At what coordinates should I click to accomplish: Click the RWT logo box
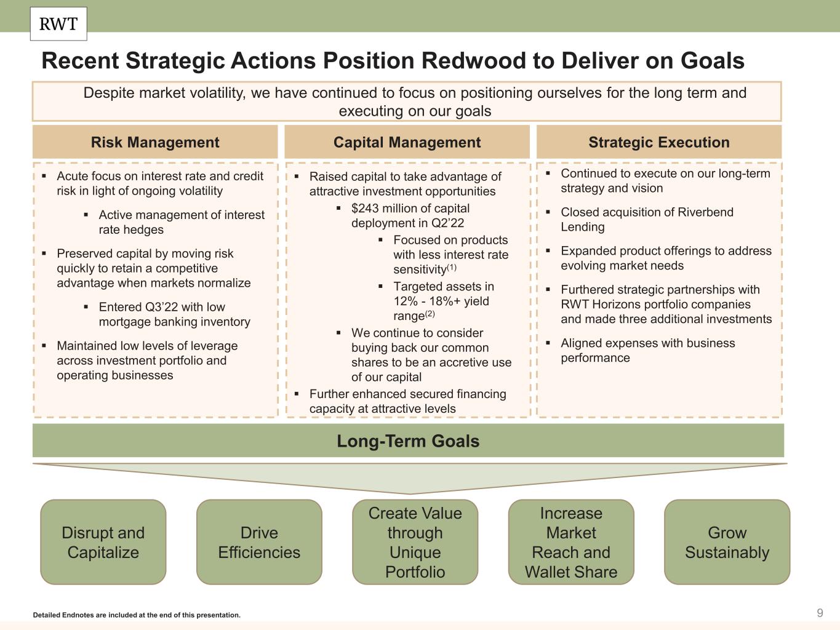point(58,24)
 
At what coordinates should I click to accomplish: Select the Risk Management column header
point(155,142)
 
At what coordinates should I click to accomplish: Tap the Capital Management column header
point(407,142)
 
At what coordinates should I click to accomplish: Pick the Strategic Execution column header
point(658,142)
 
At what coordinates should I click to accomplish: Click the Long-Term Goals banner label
point(408,441)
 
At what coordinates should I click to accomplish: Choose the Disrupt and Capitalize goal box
point(103,542)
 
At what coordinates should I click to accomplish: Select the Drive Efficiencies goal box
point(259,542)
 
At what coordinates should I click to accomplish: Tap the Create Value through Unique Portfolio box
point(415,542)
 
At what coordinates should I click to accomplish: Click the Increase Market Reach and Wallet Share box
point(571,542)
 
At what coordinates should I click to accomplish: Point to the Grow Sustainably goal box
point(727,542)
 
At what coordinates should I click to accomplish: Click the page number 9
point(820,613)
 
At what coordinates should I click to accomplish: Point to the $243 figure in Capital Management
point(364,209)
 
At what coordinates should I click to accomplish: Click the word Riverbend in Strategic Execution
point(705,212)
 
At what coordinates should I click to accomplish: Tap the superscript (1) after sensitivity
point(452,268)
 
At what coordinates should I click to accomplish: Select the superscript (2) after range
point(429,314)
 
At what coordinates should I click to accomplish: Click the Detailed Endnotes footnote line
point(137,615)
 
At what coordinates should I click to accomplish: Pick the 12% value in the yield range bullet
point(404,301)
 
